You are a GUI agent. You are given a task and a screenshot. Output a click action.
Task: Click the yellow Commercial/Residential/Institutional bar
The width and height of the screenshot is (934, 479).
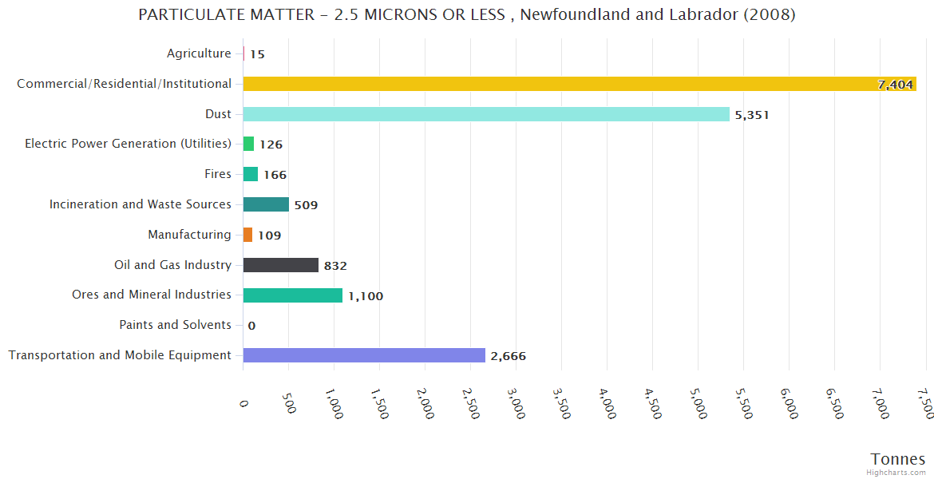(x=559, y=84)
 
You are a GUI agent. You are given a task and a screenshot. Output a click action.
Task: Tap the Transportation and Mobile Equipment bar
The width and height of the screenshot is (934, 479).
(x=363, y=355)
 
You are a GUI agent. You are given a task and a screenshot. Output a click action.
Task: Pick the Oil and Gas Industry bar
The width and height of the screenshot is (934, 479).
(x=280, y=265)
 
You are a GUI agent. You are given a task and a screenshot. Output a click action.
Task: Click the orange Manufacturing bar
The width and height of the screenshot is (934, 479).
(x=248, y=235)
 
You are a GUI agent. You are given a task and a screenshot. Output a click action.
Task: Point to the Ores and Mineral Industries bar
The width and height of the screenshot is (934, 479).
(x=292, y=295)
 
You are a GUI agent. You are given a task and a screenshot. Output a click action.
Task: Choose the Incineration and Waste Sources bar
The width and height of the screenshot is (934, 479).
(x=266, y=204)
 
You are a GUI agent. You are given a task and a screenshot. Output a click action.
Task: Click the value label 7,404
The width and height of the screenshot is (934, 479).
(x=895, y=85)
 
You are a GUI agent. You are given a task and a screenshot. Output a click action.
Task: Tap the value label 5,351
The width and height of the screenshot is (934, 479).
(x=752, y=115)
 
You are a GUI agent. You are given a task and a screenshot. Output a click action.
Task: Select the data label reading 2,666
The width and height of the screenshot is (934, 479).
(x=508, y=356)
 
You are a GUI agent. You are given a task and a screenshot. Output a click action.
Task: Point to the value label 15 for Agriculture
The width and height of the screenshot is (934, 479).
(x=257, y=54)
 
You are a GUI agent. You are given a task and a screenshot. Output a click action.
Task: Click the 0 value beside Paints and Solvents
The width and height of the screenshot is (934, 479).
(x=251, y=326)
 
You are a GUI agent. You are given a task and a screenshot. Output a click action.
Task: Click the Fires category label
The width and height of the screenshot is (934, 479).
(x=218, y=174)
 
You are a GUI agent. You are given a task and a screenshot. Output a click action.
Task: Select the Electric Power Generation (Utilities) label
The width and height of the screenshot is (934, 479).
(x=128, y=144)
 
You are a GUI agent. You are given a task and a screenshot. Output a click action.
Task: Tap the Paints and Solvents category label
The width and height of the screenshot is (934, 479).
(x=175, y=325)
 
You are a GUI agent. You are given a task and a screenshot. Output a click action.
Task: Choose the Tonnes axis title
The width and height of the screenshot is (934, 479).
(x=897, y=459)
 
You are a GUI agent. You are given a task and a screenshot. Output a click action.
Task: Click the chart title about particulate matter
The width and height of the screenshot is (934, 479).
(x=466, y=15)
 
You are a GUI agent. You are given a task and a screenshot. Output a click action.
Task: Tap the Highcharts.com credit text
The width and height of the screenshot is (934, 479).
(x=898, y=473)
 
